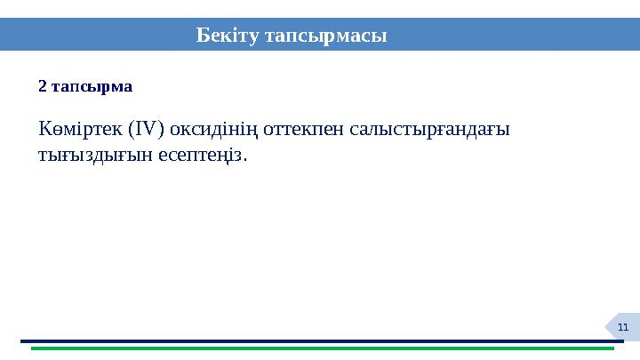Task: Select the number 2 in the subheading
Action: pos(42,87)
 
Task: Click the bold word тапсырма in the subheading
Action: pos(92,87)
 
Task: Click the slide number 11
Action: pos(622,328)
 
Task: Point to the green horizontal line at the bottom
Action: pos(320,348)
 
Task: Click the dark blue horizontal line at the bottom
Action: pos(320,340)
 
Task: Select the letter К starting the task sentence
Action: pos(44,129)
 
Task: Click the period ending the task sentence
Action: pos(245,160)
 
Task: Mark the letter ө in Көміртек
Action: pos(56,131)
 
